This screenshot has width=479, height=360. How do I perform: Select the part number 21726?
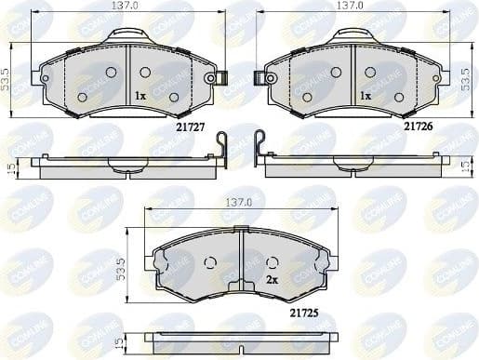click(417, 121)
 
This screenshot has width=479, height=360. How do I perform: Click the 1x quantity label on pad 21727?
click(140, 96)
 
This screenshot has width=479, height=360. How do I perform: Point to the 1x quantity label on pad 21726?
click(366, 96)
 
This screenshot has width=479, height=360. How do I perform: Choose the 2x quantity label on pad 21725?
click(273, 278)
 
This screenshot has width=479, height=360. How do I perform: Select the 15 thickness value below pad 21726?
click(465, 165)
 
